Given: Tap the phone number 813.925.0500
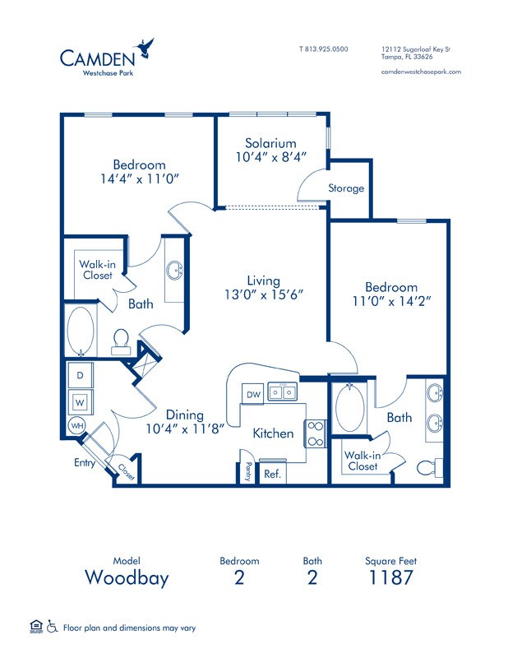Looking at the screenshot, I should pyautogui.click(x=323, y=49).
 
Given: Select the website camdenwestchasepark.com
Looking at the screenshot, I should pyautogui.click(x=421, y=72).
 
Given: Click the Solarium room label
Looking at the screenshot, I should pyautogui.click(x=270, y=143).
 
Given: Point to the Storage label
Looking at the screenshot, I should pyautogui.click(x=346, y=188).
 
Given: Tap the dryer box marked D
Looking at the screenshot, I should pyautogui.click(x=81, y=375).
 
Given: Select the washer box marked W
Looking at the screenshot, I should pyautogui.click(x=81, y=402).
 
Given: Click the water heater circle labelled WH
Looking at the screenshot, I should pyautogui.click(x=76, y=426).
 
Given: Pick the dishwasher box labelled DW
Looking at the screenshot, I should pyautogui.click(x=254, y=395).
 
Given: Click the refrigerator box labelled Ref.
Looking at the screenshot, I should pyautogui.click(x=271, y=474).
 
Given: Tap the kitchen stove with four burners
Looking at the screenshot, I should pyautogui.click(x=315, y=433).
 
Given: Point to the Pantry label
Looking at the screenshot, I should pyautogui.click(x=248, y=471).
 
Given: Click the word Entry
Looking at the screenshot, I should pyautogui.click(x=84, y=463).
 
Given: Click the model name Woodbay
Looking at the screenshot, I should pyautogui.click(x=127, y=577).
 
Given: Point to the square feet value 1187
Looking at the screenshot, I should pyautogui.click(x=390, y=577).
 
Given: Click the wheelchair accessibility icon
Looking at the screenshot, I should pyautogui.click(x=52, y=628).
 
